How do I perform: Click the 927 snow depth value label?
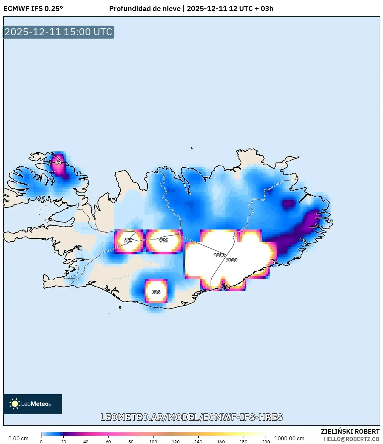[128, 240]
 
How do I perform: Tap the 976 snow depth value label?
[163, 240]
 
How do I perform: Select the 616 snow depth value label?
[156, 292]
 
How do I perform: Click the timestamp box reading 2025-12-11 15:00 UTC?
[58, 32]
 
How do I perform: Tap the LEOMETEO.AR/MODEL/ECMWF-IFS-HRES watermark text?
[192, 417]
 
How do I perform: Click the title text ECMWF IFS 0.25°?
[33, 9]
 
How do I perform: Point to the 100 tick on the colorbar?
[153, 442]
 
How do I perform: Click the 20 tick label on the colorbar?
[63, 442]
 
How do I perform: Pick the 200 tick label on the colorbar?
[266, 442]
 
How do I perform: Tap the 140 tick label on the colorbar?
[198, 442]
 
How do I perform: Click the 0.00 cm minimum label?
[18, 438]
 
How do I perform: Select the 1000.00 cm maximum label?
[289, 438]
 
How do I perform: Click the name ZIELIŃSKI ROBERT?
[350, 431]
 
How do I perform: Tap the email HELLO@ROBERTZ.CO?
[351, 439]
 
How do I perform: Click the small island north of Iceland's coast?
[192, 148]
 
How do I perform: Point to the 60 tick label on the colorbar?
[108, 442]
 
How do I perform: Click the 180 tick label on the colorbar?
[243, 442]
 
